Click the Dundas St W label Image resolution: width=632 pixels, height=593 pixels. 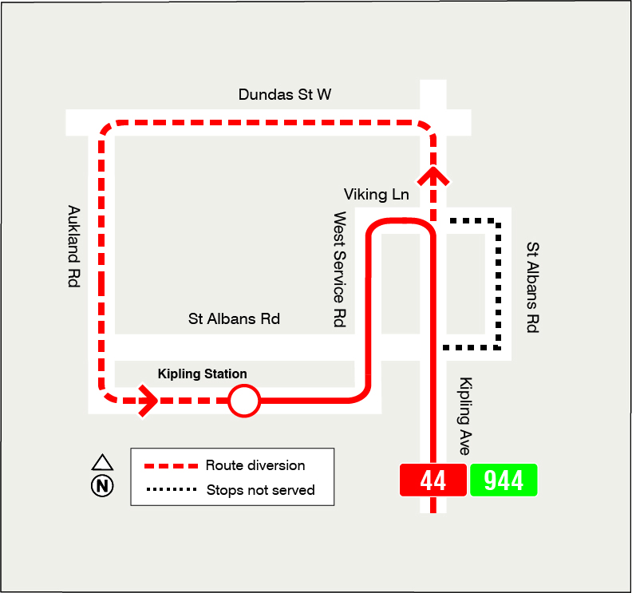coord(285,95)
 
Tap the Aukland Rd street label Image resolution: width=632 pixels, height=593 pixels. coord(73,247)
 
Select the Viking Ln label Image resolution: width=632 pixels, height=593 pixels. coord(376,194)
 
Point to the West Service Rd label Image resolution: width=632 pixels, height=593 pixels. coord(340,269)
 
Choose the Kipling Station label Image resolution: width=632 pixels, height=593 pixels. coord(202,374)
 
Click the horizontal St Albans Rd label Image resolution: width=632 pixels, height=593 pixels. coord(234,319)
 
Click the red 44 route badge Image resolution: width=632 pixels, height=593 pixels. coord(433,480)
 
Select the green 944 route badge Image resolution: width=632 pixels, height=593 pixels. coord(504,480)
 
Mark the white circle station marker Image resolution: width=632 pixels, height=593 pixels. coord(244,401)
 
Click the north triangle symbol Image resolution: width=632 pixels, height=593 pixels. coord(102,462)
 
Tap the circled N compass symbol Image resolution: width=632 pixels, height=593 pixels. coord(102,485)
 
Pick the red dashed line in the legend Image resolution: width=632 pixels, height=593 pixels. coord(170,466)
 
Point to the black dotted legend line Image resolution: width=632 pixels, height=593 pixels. coord(170,490)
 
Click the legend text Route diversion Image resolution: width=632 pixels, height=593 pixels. coord(255,465)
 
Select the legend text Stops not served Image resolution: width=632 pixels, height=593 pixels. coord(260,490)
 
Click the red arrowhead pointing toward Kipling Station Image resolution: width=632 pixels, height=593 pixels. coord(148,401)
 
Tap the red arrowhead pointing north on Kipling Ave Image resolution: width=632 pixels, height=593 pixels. coord(433,173)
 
